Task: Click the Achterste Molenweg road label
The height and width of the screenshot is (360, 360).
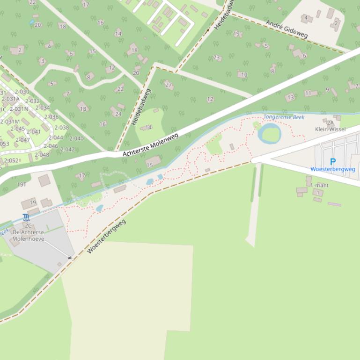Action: (151, 144)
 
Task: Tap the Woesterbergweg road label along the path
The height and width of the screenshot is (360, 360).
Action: (106, 237)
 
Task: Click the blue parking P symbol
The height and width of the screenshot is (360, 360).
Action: (333, 162)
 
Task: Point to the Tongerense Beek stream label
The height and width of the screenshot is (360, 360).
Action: (284, 117)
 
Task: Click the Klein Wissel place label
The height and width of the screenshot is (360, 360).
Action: (330, 129)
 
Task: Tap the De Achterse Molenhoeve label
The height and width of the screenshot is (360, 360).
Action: (28, 236)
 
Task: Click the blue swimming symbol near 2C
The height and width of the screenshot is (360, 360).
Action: (25, 217)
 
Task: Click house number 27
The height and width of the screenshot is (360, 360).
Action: (169, 85)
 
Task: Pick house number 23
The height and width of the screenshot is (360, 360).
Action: (217, 58)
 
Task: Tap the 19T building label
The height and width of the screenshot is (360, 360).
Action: (22, 185)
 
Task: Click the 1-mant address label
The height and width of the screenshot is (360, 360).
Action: (319, 185)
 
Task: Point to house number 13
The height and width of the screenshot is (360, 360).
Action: (290, 97)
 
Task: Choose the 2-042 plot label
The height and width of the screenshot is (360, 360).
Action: (67, 150)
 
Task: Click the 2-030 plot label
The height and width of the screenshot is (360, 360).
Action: (22, 92)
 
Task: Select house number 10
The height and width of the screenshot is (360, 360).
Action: (244, 74)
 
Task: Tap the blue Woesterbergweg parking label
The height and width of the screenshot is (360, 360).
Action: (332, 169)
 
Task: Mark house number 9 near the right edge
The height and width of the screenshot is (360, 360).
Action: (327, 89)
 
